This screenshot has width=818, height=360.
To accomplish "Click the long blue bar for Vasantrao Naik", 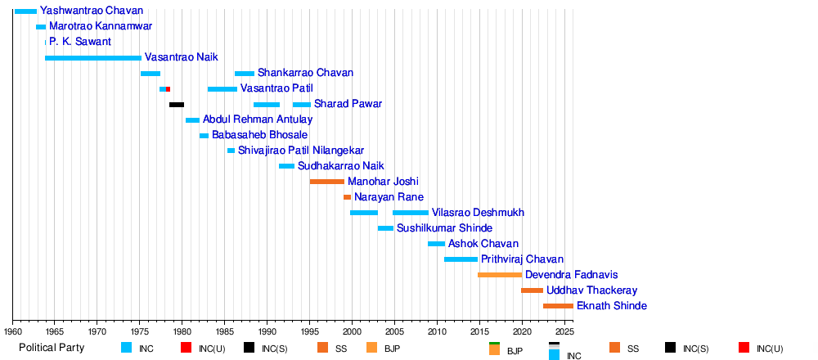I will (93, 58).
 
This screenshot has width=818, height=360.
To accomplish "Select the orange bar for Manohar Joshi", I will (327, 182).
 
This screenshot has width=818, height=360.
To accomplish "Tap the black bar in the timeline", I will (177, 105).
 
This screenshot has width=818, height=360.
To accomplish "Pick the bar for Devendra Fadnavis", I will (500, 275).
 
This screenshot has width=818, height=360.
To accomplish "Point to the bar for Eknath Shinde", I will (558, 306).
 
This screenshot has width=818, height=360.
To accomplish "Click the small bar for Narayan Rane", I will (348, 197).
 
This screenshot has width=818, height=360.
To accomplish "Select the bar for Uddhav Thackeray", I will (532, 290).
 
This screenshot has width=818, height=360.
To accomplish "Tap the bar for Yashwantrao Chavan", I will (25, 11).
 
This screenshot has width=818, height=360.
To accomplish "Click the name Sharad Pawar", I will (348, 104).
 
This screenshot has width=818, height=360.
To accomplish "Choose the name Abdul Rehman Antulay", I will (258, 119).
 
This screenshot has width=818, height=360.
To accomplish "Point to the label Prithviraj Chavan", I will (522, 259).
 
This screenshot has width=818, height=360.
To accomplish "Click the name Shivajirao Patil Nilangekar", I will (301, 151).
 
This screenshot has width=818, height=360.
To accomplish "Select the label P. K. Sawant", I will (80, 42).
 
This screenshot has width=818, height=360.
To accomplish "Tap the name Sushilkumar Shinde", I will (444, 228).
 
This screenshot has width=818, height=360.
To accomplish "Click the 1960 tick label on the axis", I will (13, 331).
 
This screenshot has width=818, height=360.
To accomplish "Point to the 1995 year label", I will (310, 331).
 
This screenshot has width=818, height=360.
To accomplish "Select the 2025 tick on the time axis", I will (564, 331).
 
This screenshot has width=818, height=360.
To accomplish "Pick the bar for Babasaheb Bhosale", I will (204, 136).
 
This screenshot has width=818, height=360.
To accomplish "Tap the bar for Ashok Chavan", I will (436, 244).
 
